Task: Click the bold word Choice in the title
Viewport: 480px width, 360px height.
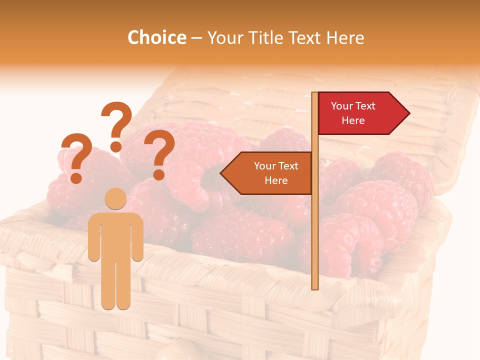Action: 156,37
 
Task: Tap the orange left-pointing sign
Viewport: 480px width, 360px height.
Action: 270,173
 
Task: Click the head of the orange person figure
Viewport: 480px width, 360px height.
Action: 116,198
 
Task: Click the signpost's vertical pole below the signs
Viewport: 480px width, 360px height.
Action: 315,240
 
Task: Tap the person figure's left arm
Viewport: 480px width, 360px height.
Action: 93,237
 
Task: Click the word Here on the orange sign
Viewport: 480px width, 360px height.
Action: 276,180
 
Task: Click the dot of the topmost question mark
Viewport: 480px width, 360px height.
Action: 116,146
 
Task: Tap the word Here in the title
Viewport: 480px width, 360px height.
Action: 345,37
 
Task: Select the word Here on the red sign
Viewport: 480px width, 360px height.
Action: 353,120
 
